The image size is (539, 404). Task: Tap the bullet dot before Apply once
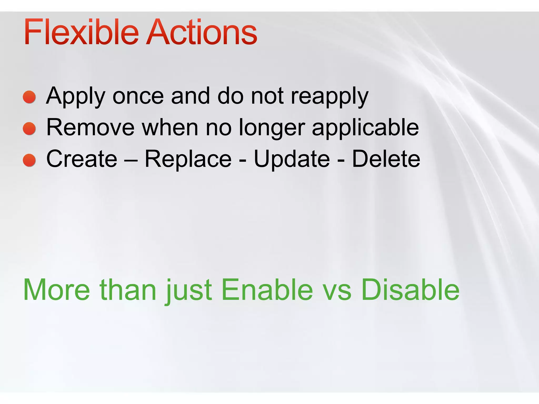pyautogui.click(x=29, y=97)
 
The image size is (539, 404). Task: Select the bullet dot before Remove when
pyautogui.click(x=29, y=129)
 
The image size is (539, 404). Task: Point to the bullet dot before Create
pyautogui.click(x=29, y=160)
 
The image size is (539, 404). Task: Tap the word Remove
pyautogui.click(x=91, y=128)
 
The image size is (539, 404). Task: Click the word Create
pyautogui.click(x=82, y=159)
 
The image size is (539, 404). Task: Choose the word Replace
pyautogui.click(x=188, y=159)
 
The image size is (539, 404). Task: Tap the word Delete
pyautogui.click(x=386, y=159)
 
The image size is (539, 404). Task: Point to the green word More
pyautogui.click(x=57, y=290)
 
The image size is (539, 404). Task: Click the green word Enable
pyautogui.click(x=267, y=290)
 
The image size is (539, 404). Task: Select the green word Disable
pyautogui.click(x=410, y=290)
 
